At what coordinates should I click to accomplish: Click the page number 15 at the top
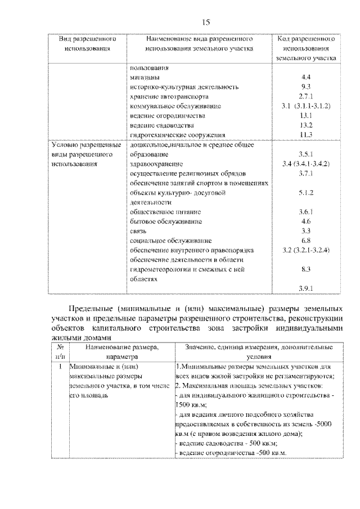[205, 22]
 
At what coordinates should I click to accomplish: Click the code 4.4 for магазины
[306, 77]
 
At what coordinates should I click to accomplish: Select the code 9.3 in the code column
[306, 87]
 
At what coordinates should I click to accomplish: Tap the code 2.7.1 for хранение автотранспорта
[306, 96]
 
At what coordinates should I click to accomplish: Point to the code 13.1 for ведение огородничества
[306, 115]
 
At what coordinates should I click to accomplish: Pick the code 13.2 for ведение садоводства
[306, 125]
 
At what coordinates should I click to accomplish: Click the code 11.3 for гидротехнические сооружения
[306, 134]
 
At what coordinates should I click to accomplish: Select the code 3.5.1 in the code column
[306, 154]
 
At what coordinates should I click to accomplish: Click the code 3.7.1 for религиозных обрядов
[306, 173]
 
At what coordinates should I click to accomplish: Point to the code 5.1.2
[306, 192]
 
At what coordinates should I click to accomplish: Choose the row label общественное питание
[157, 212]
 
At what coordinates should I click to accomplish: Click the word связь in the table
[138, 231]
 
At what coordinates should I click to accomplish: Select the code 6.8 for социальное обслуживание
[306, 241]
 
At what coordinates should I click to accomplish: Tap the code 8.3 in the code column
[306, 269]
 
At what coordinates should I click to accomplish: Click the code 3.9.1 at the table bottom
[306, 289]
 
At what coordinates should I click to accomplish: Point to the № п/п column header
[60, 352]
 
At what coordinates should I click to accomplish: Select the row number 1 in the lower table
[60, 367]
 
